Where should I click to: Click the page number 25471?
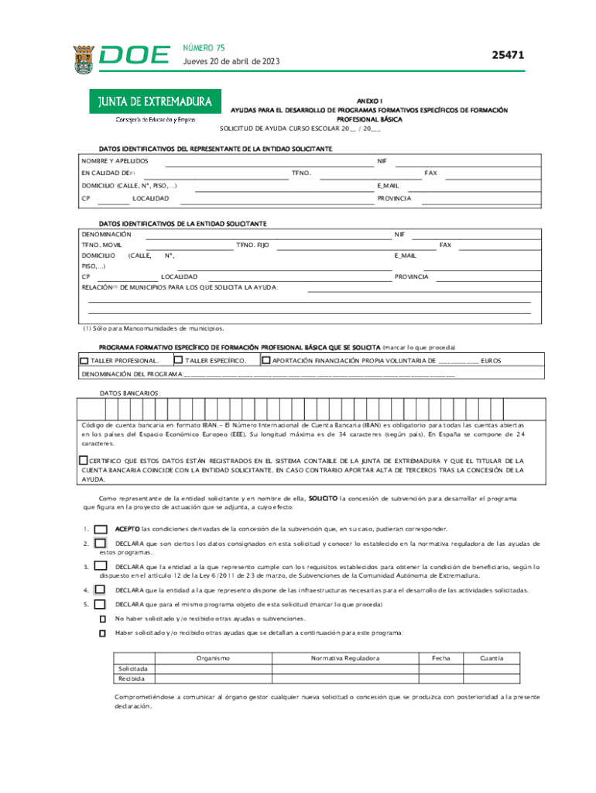509,55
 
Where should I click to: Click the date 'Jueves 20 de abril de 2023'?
231,62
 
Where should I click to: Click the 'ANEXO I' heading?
368,101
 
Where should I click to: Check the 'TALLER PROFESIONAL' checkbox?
84,361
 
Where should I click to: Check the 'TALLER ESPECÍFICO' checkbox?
178,360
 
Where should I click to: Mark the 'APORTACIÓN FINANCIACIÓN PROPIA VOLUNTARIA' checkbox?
266,360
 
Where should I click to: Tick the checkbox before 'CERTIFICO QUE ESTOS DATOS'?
84,460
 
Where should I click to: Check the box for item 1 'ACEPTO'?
101,529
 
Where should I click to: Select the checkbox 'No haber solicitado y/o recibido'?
102,619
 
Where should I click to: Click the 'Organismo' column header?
213,658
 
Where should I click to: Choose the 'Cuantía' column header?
493,658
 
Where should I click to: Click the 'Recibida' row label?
132,678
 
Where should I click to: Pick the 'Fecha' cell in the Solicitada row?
441,668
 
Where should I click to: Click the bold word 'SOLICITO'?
323,499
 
